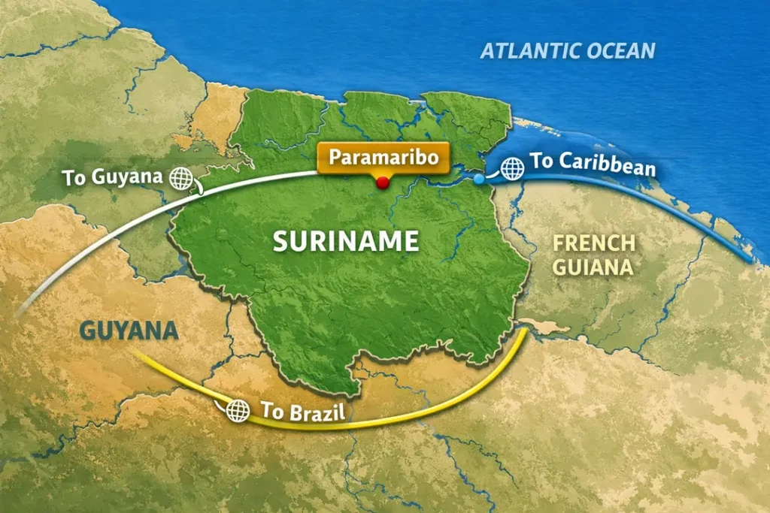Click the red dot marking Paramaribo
click(x=383, y=183)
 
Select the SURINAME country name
click(x=345, y=241)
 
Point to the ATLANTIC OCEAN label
click(x=568, y=51)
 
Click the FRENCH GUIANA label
click(x=594, y=255)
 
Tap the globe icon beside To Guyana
click(x=181, y=178)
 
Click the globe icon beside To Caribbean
click(x=513, y=168)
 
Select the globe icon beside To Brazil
click(x=238, y=410)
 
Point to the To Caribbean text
click(x=593, y=164)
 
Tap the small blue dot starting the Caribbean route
click(x=479, y=180)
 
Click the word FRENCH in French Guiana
click(x=594, y=243)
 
